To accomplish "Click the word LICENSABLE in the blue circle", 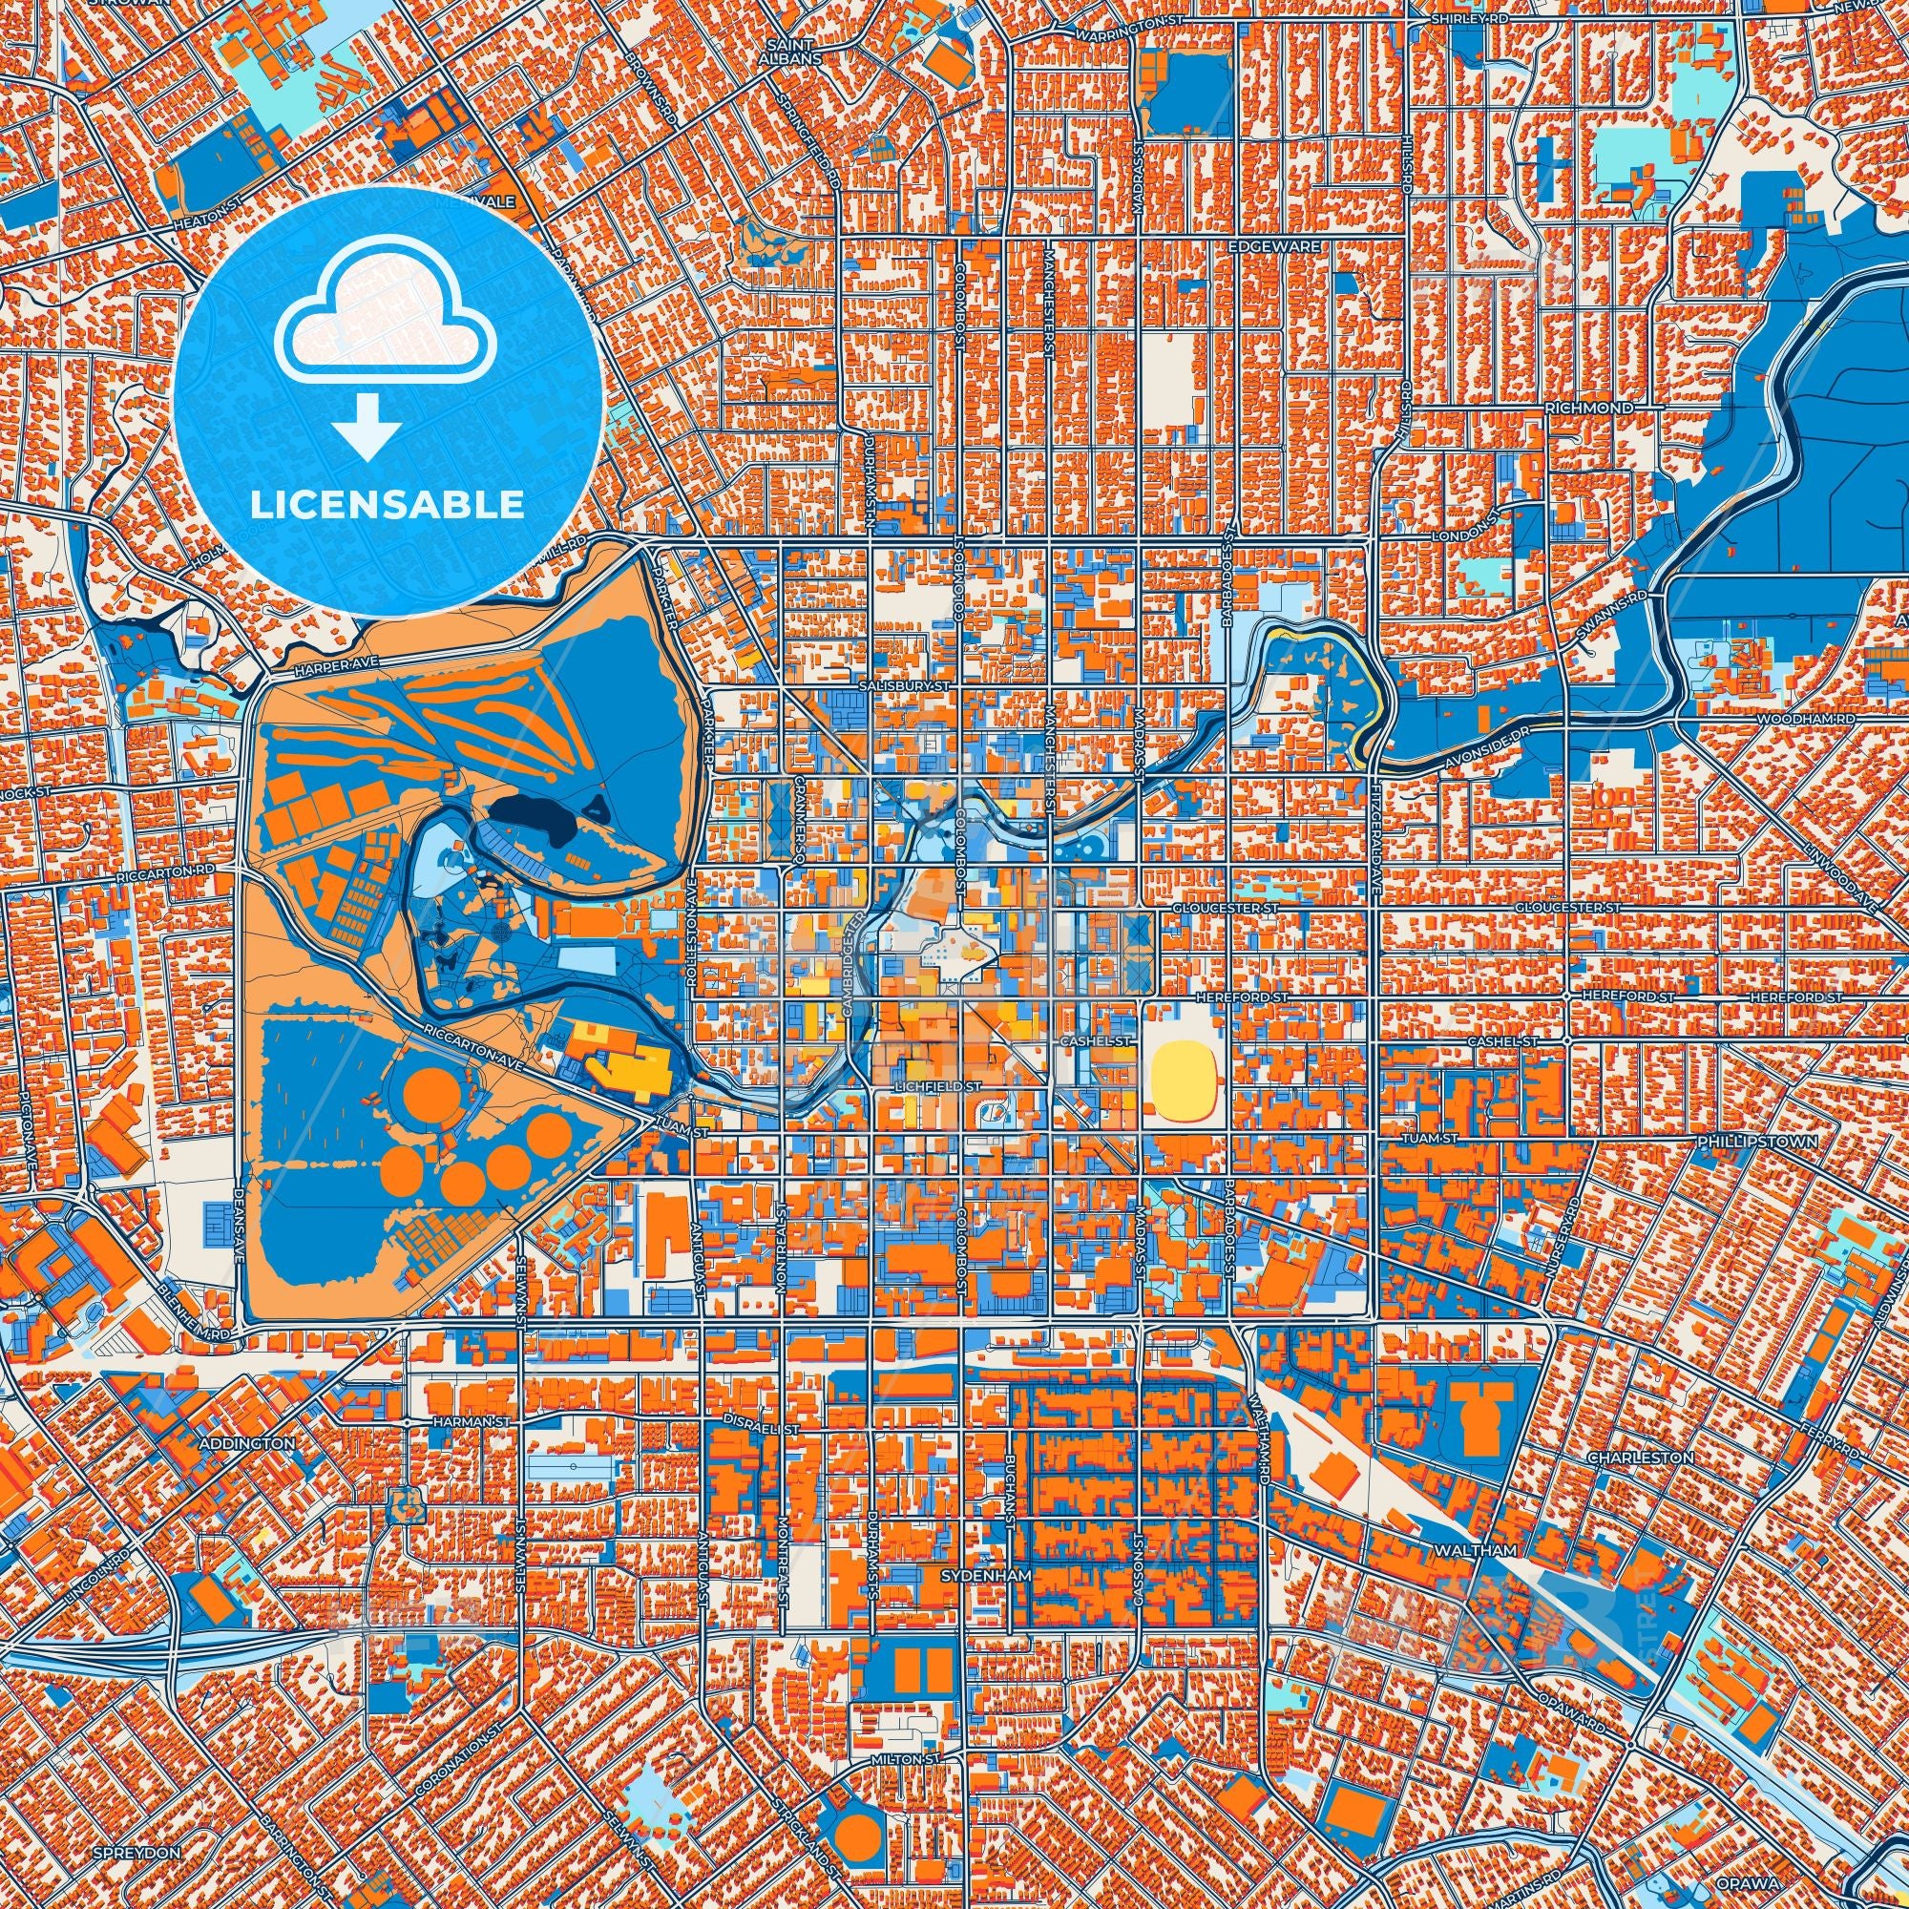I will (x=387, y=505).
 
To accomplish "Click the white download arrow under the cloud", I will (x=367, y=426).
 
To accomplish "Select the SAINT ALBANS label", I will (x=794, y=52).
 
